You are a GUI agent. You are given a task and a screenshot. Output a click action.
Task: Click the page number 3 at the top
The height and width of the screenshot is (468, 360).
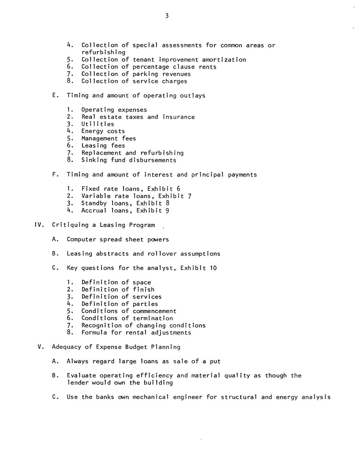coord(167,16)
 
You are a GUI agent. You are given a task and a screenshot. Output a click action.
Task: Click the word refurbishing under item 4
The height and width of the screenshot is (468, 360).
coord(103,53)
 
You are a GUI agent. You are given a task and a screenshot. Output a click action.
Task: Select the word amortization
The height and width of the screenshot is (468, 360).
coord(224,60)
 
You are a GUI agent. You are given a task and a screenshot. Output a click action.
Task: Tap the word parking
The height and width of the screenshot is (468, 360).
coord(145,74)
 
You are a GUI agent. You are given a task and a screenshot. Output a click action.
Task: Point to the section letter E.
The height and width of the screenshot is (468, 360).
coord(54,96)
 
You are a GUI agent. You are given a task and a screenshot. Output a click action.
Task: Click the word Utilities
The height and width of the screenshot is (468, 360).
coord(98,124)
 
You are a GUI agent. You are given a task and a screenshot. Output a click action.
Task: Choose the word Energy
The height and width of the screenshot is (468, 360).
coord(92,131)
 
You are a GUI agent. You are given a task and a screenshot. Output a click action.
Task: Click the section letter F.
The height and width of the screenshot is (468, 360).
coord(54,175)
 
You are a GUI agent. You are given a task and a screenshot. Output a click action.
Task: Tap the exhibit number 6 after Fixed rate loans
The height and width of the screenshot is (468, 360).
coord(178,189)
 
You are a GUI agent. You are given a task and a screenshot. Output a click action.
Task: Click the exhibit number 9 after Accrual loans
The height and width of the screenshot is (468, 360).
coord(167,211)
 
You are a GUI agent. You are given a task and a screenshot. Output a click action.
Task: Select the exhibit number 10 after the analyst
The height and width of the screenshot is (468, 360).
coord(213,268)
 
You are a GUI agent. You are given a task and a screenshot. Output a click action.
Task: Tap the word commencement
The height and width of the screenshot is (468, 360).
coord(154,311)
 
